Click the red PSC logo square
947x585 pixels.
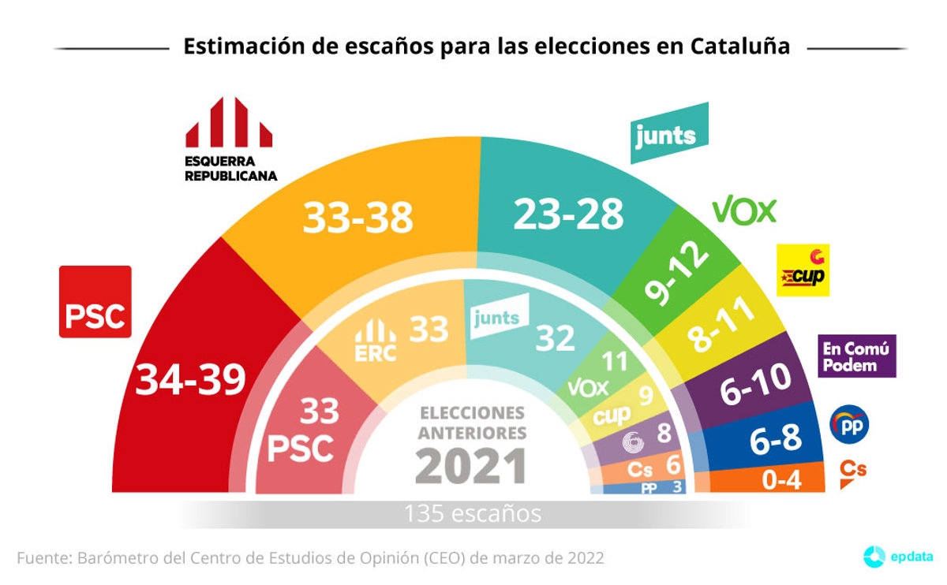point(95,302)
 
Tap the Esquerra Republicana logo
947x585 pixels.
point(230,139)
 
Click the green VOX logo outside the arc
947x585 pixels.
point(744,211)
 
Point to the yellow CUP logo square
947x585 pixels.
point(803,270)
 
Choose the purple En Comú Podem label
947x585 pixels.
point(857,356)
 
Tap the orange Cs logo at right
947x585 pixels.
point(852,471)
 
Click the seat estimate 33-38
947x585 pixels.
point(358,217)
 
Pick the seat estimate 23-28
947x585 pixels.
point(568,214)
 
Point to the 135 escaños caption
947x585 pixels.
point(473,514)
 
